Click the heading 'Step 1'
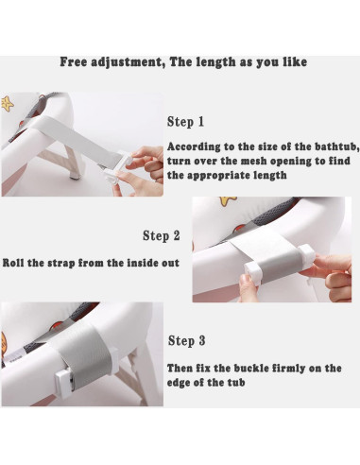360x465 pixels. pyautogui.click(x=185, y=122)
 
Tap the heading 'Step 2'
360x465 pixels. pyautogui.click(x=162, y=235)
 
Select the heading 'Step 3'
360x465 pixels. pyautogui.click(x=186, y=341)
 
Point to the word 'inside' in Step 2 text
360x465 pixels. pyautogui.click(x=143, y=263)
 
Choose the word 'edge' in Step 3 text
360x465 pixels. pyautogui.click(x=180, y=383)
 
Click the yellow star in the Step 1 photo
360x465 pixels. pyautogui.click(x=7, y=103)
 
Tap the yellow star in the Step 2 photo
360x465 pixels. pyautogui.click(x=228, y=201)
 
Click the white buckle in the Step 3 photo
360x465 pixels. pyautogui.click(x=64, y=382)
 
